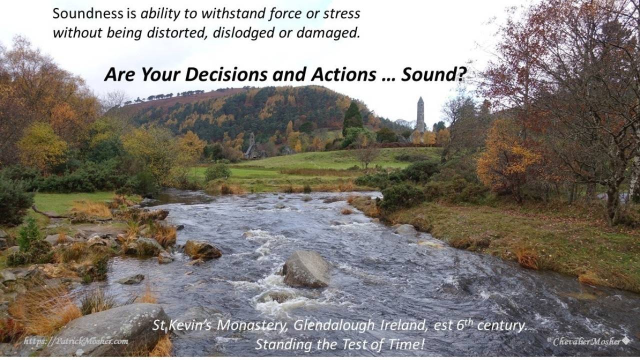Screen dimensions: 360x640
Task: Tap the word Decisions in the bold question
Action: (x=226, y=75)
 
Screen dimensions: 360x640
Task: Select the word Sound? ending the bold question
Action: (x=433, y=75)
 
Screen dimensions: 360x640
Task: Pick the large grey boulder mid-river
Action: (x=306, y=269)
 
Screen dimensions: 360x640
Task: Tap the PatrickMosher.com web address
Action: (x=76, y=341)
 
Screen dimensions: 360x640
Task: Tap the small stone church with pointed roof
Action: (x=252, y=148)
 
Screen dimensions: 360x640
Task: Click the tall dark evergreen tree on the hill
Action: (x=353, y=117)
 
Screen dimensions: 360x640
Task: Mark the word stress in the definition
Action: (x=342, y=13)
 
